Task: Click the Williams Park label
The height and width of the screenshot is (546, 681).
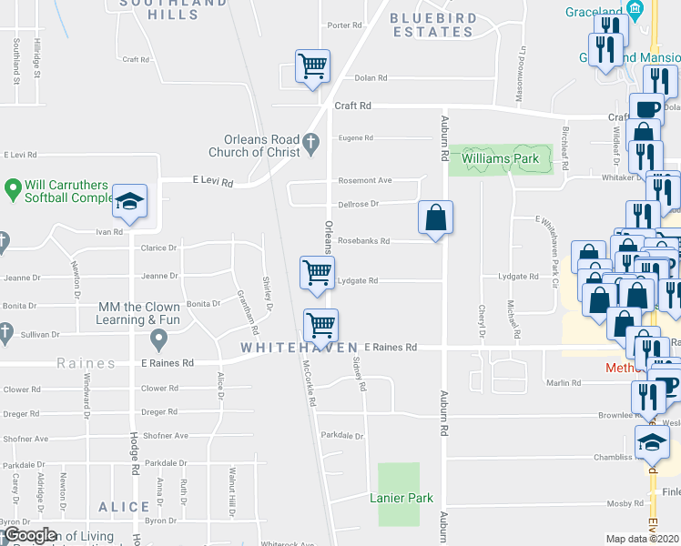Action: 500,159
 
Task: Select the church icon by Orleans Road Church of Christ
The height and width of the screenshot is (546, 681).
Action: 310,141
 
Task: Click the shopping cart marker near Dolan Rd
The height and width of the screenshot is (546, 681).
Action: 312,66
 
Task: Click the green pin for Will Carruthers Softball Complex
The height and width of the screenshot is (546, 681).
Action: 12,189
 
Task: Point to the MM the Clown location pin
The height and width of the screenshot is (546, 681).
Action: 159,340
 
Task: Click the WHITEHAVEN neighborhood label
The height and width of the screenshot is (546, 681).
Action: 299,349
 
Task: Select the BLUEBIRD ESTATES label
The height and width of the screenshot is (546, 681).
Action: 432,25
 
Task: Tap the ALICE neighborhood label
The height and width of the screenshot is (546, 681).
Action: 124,507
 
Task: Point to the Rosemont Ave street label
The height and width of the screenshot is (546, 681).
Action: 364,180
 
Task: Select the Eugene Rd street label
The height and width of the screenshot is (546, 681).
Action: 355,138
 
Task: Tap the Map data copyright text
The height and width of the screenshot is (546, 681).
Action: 642,539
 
